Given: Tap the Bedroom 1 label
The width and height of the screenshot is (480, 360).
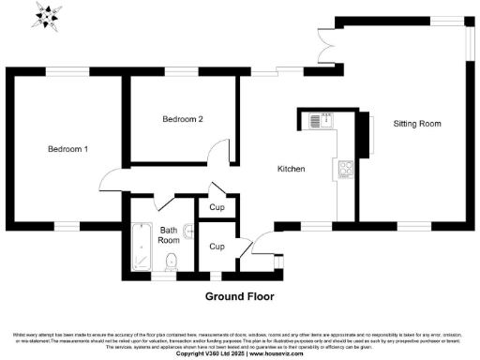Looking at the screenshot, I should pos(68,149).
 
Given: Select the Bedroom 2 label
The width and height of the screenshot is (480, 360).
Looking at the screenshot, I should pos(182,119).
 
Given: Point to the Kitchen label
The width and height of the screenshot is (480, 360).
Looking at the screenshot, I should pos(291,170).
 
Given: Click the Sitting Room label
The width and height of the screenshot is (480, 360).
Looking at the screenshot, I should pos(416,124).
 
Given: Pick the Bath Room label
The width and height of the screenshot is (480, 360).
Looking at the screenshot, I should pos(168,234).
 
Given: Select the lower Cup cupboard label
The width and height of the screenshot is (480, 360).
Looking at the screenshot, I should pos(217,247).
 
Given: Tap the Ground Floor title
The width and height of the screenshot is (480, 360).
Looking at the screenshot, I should pos(238,295).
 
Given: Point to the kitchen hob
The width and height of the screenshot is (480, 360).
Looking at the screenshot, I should pos(345,170).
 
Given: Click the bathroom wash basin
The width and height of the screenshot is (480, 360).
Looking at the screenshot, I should pos(190,228).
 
